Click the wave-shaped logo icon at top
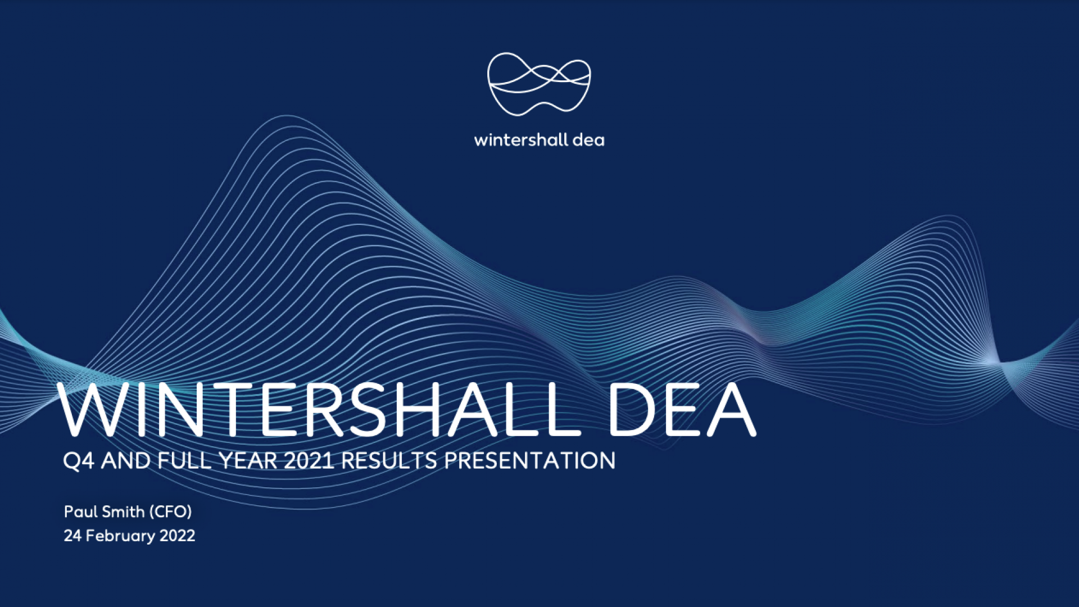pos(539,84)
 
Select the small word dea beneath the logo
pos(588,140)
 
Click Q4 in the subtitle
pos(78,461)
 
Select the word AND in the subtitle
pos(126,461)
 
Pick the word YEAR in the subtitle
pos(248,461)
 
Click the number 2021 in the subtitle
pos(309,461)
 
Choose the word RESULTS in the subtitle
pos(389,461)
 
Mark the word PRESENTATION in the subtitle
pos(530,461)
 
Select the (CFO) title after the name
pos(171,511)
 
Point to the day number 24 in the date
pos(72,536)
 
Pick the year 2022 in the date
pos(178,536)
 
